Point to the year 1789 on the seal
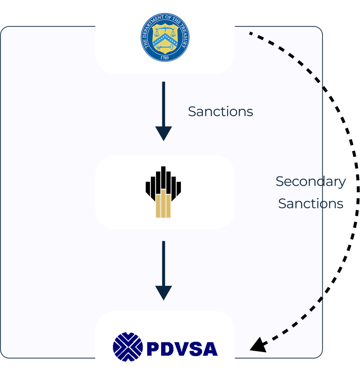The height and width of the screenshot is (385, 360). pos(165,58)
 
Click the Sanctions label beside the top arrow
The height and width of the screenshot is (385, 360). pos(220,112)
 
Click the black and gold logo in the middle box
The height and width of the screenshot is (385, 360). pos(163,192)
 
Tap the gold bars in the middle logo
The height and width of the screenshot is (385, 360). pos(163,204)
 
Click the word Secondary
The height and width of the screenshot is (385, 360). pos(310,182)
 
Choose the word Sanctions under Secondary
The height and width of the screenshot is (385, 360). pos(310,204)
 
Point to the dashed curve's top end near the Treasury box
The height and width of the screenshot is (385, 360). pos(251,33)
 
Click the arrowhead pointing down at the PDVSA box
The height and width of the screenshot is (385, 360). pos(164,292)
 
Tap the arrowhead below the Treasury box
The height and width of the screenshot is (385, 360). pos(164,133)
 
